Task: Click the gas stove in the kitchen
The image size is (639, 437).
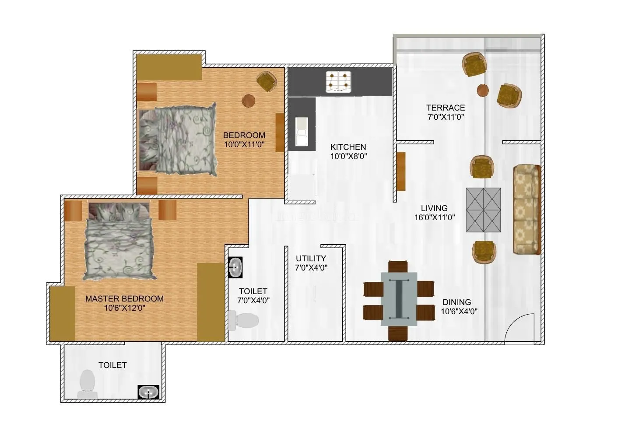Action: pyautogui.click(x=339, y=82)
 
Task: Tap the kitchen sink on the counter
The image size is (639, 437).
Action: pyautogui.click(x=302, y=132)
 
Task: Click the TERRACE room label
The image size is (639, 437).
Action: pyautogui.click(x=446, y=108)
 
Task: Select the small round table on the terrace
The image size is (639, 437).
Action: pyautogui.click(x=483, y=90)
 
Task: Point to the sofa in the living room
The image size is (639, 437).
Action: pyautogui.click(x=527, y=209)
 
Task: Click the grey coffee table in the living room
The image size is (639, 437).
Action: pyautogui.click(x=483, y=210)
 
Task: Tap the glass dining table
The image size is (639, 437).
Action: pyautogui.click(x=398, y=299)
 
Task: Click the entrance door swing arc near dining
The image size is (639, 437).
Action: pyautogui.click(x=519, y=328)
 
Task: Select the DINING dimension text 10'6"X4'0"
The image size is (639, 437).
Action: pyautogui.click(x=459, y=312)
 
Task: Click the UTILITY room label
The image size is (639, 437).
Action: pyautogui.click(x=311, y=258)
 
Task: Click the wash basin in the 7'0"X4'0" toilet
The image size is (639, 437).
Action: pyautogui.click(x=235, y=267)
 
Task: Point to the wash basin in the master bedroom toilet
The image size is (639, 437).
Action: pyautogui.click(x=149, y=392)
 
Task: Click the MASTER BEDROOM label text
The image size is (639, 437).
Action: pyautogui.click(x=124, y=299)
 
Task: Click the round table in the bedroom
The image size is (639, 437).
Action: pyautogui.click(x=249, y=101)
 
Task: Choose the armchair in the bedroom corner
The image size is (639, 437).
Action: pyautogui.click(x=267, y=81)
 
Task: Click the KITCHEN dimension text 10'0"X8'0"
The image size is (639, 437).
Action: pyautogui.click(x=348, y=156)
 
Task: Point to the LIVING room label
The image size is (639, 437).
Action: pyautogui.click(x=434, y=208)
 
